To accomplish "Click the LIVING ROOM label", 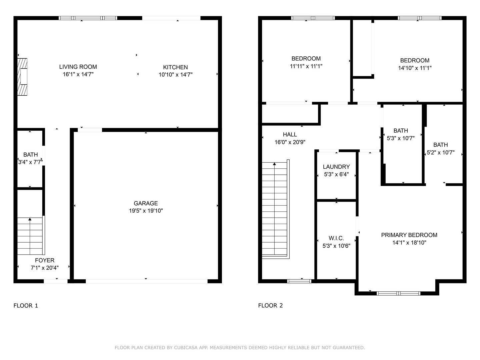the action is point(78,67).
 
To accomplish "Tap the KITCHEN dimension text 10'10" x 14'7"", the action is point(175,75).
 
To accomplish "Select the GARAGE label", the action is point(146,203).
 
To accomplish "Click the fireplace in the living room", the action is point(22,77).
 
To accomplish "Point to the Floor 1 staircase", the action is point(31,236).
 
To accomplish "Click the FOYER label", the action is point(45,260).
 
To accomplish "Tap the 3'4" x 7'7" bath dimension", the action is point(30,162).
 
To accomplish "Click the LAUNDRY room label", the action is point(336,167).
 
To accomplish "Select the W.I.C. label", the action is point(336,238).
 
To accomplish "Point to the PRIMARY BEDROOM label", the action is point(409,235).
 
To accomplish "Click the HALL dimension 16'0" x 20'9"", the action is point(290,142).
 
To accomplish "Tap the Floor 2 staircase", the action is point(276,209).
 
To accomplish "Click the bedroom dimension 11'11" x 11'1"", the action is point(306,66).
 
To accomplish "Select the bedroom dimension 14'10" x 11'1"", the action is point(415,68).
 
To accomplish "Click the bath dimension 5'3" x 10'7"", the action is point(401,138).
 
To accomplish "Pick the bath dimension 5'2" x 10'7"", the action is point(441,152).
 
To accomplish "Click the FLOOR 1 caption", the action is point(26,306).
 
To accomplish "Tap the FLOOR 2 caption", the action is point(271,306).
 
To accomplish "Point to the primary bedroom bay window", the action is point(398,293).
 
